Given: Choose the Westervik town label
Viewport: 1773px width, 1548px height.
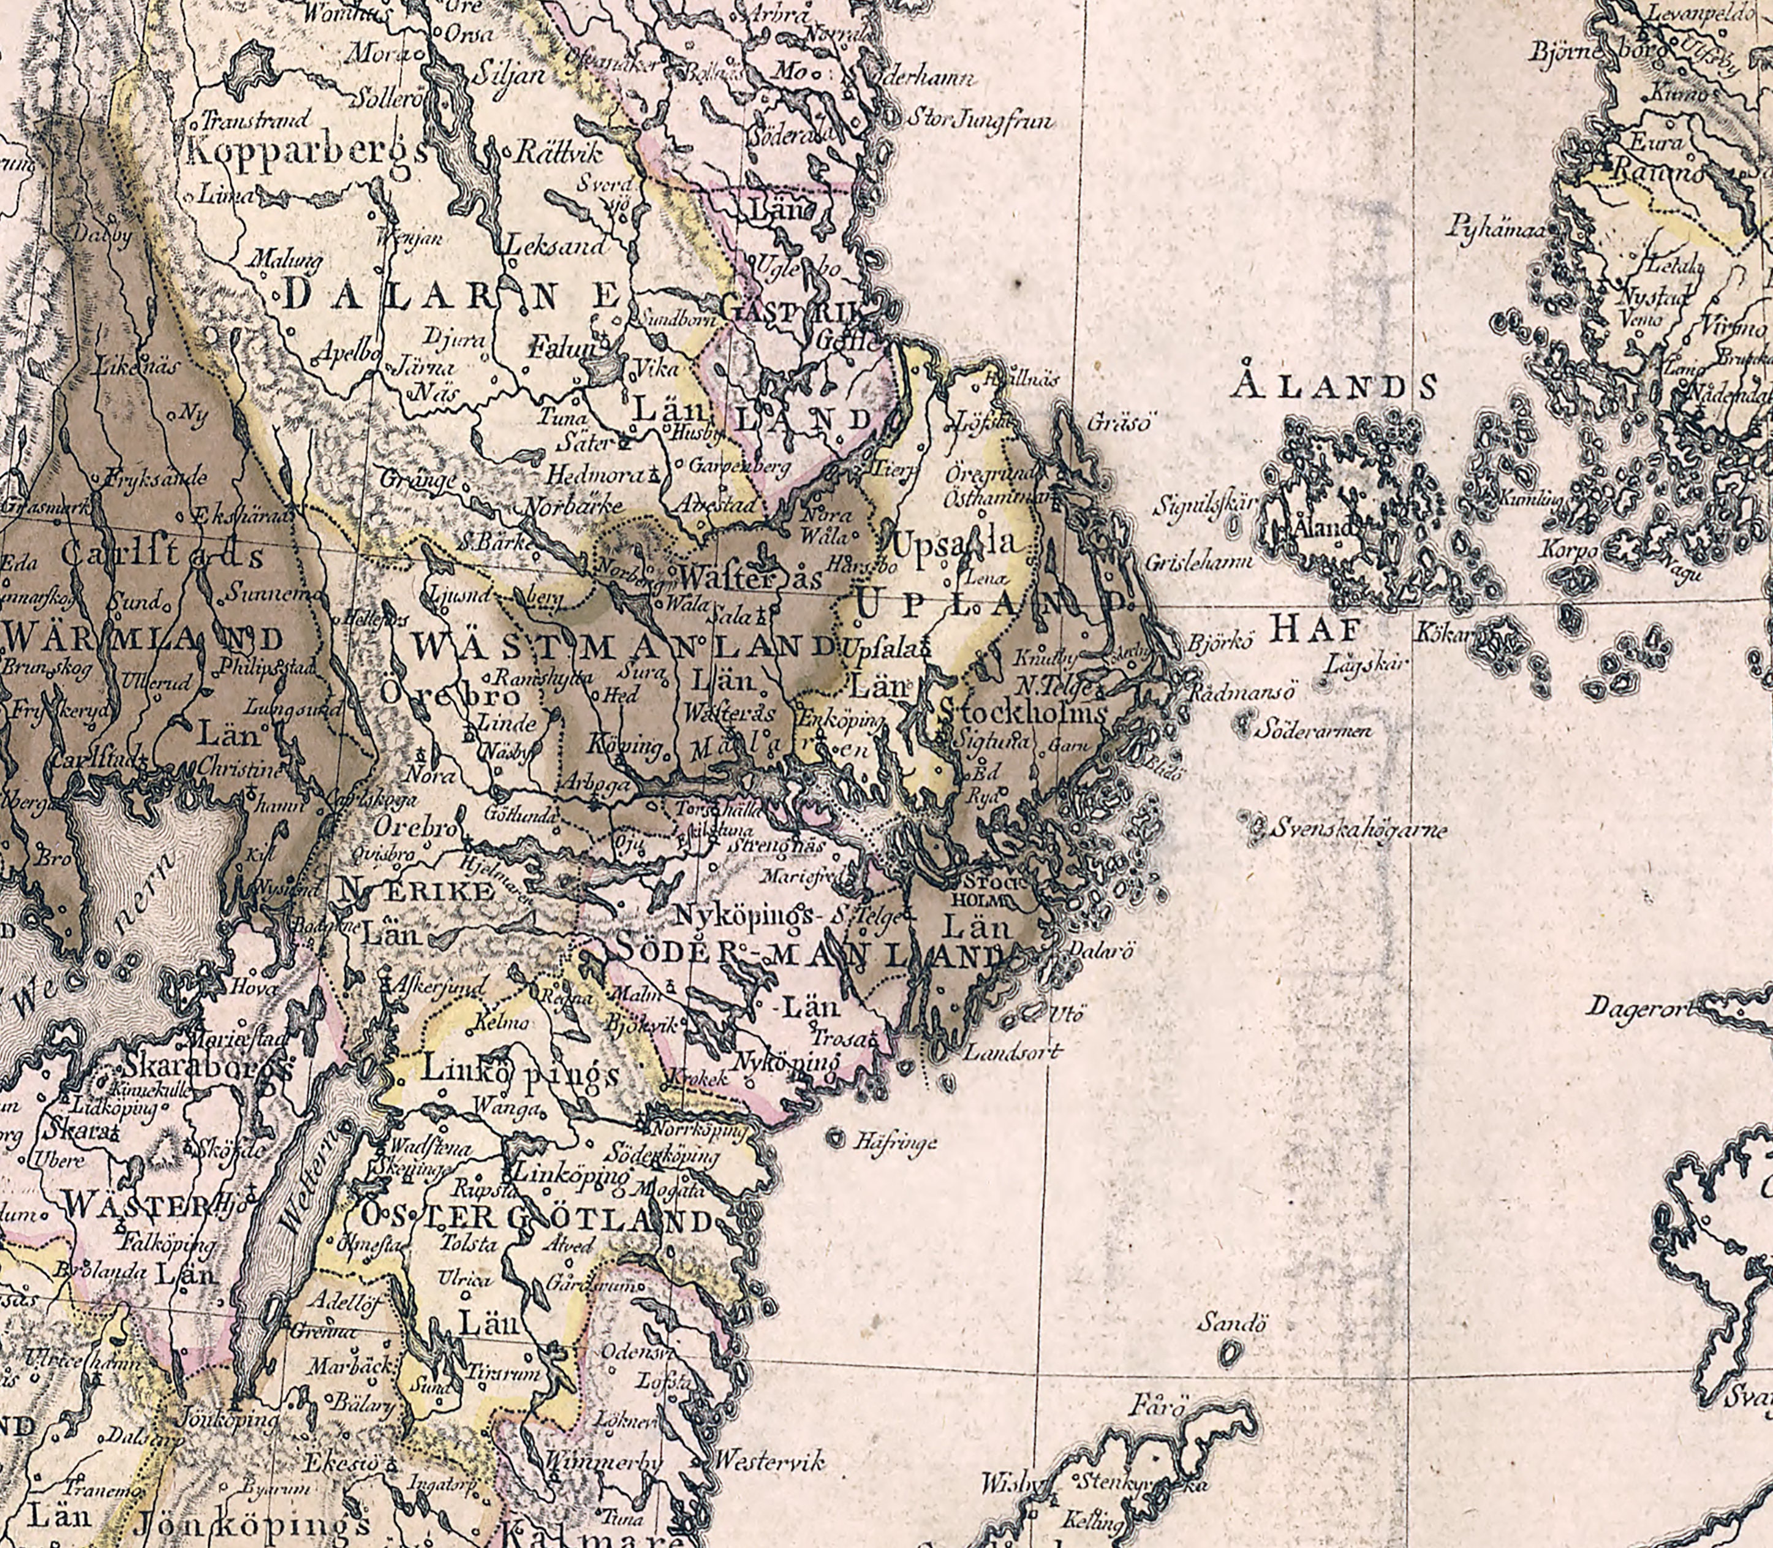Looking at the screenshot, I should tap(769, 1462).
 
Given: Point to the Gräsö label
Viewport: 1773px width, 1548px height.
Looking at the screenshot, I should tap(1119, 423).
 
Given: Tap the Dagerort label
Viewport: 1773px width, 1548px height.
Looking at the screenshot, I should tap(1636, 1008).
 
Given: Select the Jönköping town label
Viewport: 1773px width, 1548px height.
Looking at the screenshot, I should tap(227, 1419).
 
